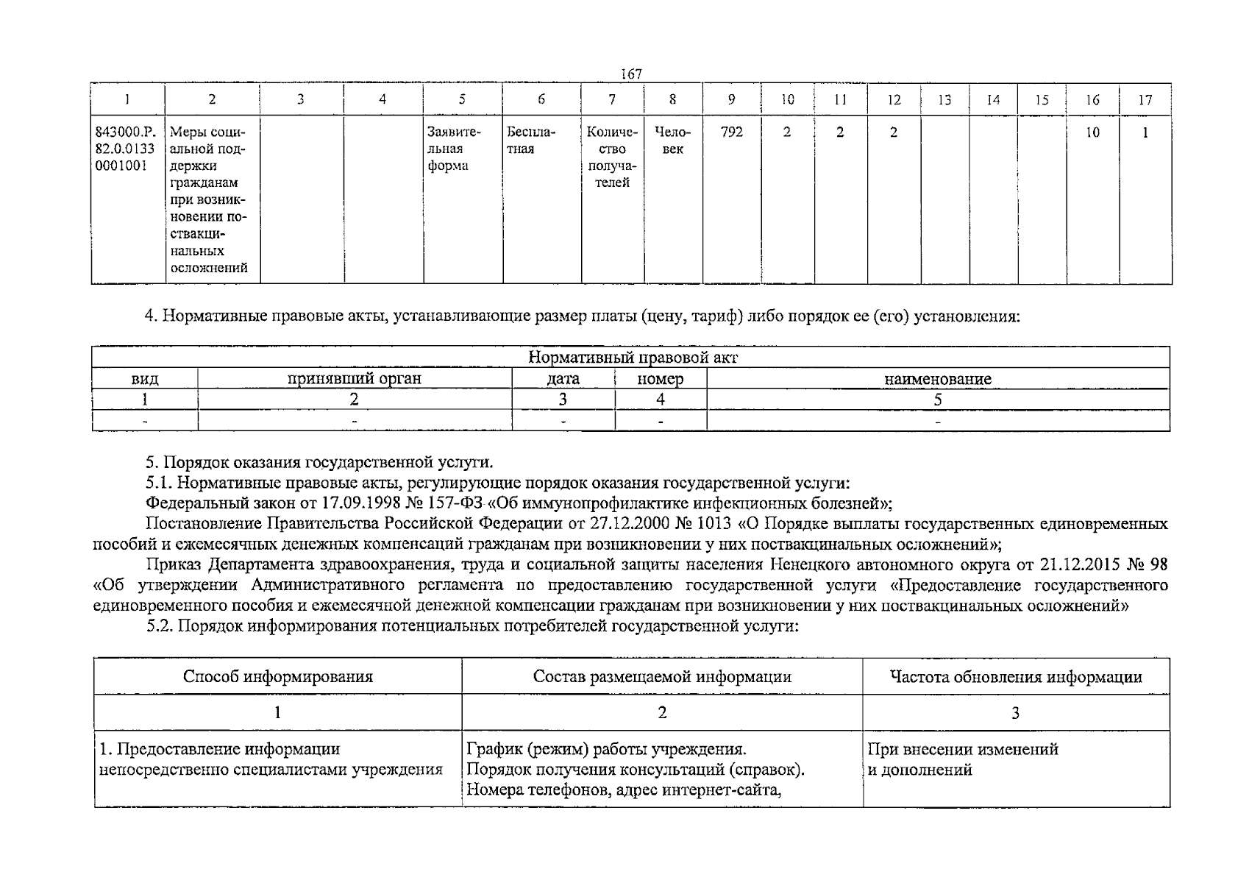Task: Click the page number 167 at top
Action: (x=631, y=74)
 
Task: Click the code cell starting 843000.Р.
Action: (x=125, y=149)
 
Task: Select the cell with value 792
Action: (x=731, y=132)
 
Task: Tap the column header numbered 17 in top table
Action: (x=1145, y=100)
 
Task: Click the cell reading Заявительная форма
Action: (x=455, y=149)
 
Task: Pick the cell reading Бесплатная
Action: (x=531, y=141)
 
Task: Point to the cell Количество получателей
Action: (x=612, y=157)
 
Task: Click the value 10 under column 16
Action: (x=1092, y=132)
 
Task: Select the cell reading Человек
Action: (x=672, y=141)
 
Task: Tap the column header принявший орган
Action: (x=355, y=379)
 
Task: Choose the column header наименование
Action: (x=937, y=380)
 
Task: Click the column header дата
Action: (x=563, y=380)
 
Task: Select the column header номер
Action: (x=660, y=380)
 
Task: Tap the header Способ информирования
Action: (x=277, y=677)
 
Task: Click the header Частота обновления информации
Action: (x=1016, y=677)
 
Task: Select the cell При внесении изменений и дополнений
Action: (x=964, y=760)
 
